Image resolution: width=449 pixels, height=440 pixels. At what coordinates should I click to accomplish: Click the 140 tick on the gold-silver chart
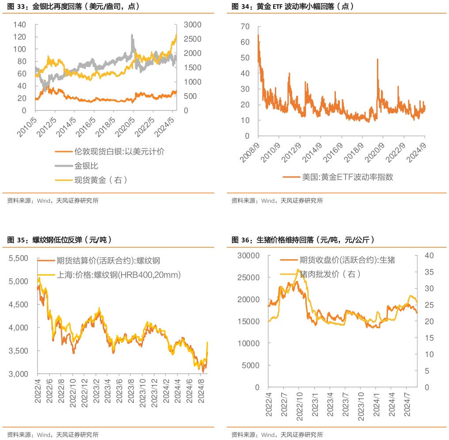pyautogui.click(x=19, y=24)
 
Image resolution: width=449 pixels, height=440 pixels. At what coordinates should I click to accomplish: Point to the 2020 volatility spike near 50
pyautogui.click(x=377, y=59)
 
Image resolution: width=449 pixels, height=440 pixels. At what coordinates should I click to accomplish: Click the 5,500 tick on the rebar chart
pyautogui.click(x=19, y=258)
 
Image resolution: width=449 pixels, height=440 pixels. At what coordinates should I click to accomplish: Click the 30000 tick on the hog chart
pyautogui.click(x=248, y=255)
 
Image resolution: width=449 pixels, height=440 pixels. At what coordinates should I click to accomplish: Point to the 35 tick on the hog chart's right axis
pyautogui.click(x=430, y=272)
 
